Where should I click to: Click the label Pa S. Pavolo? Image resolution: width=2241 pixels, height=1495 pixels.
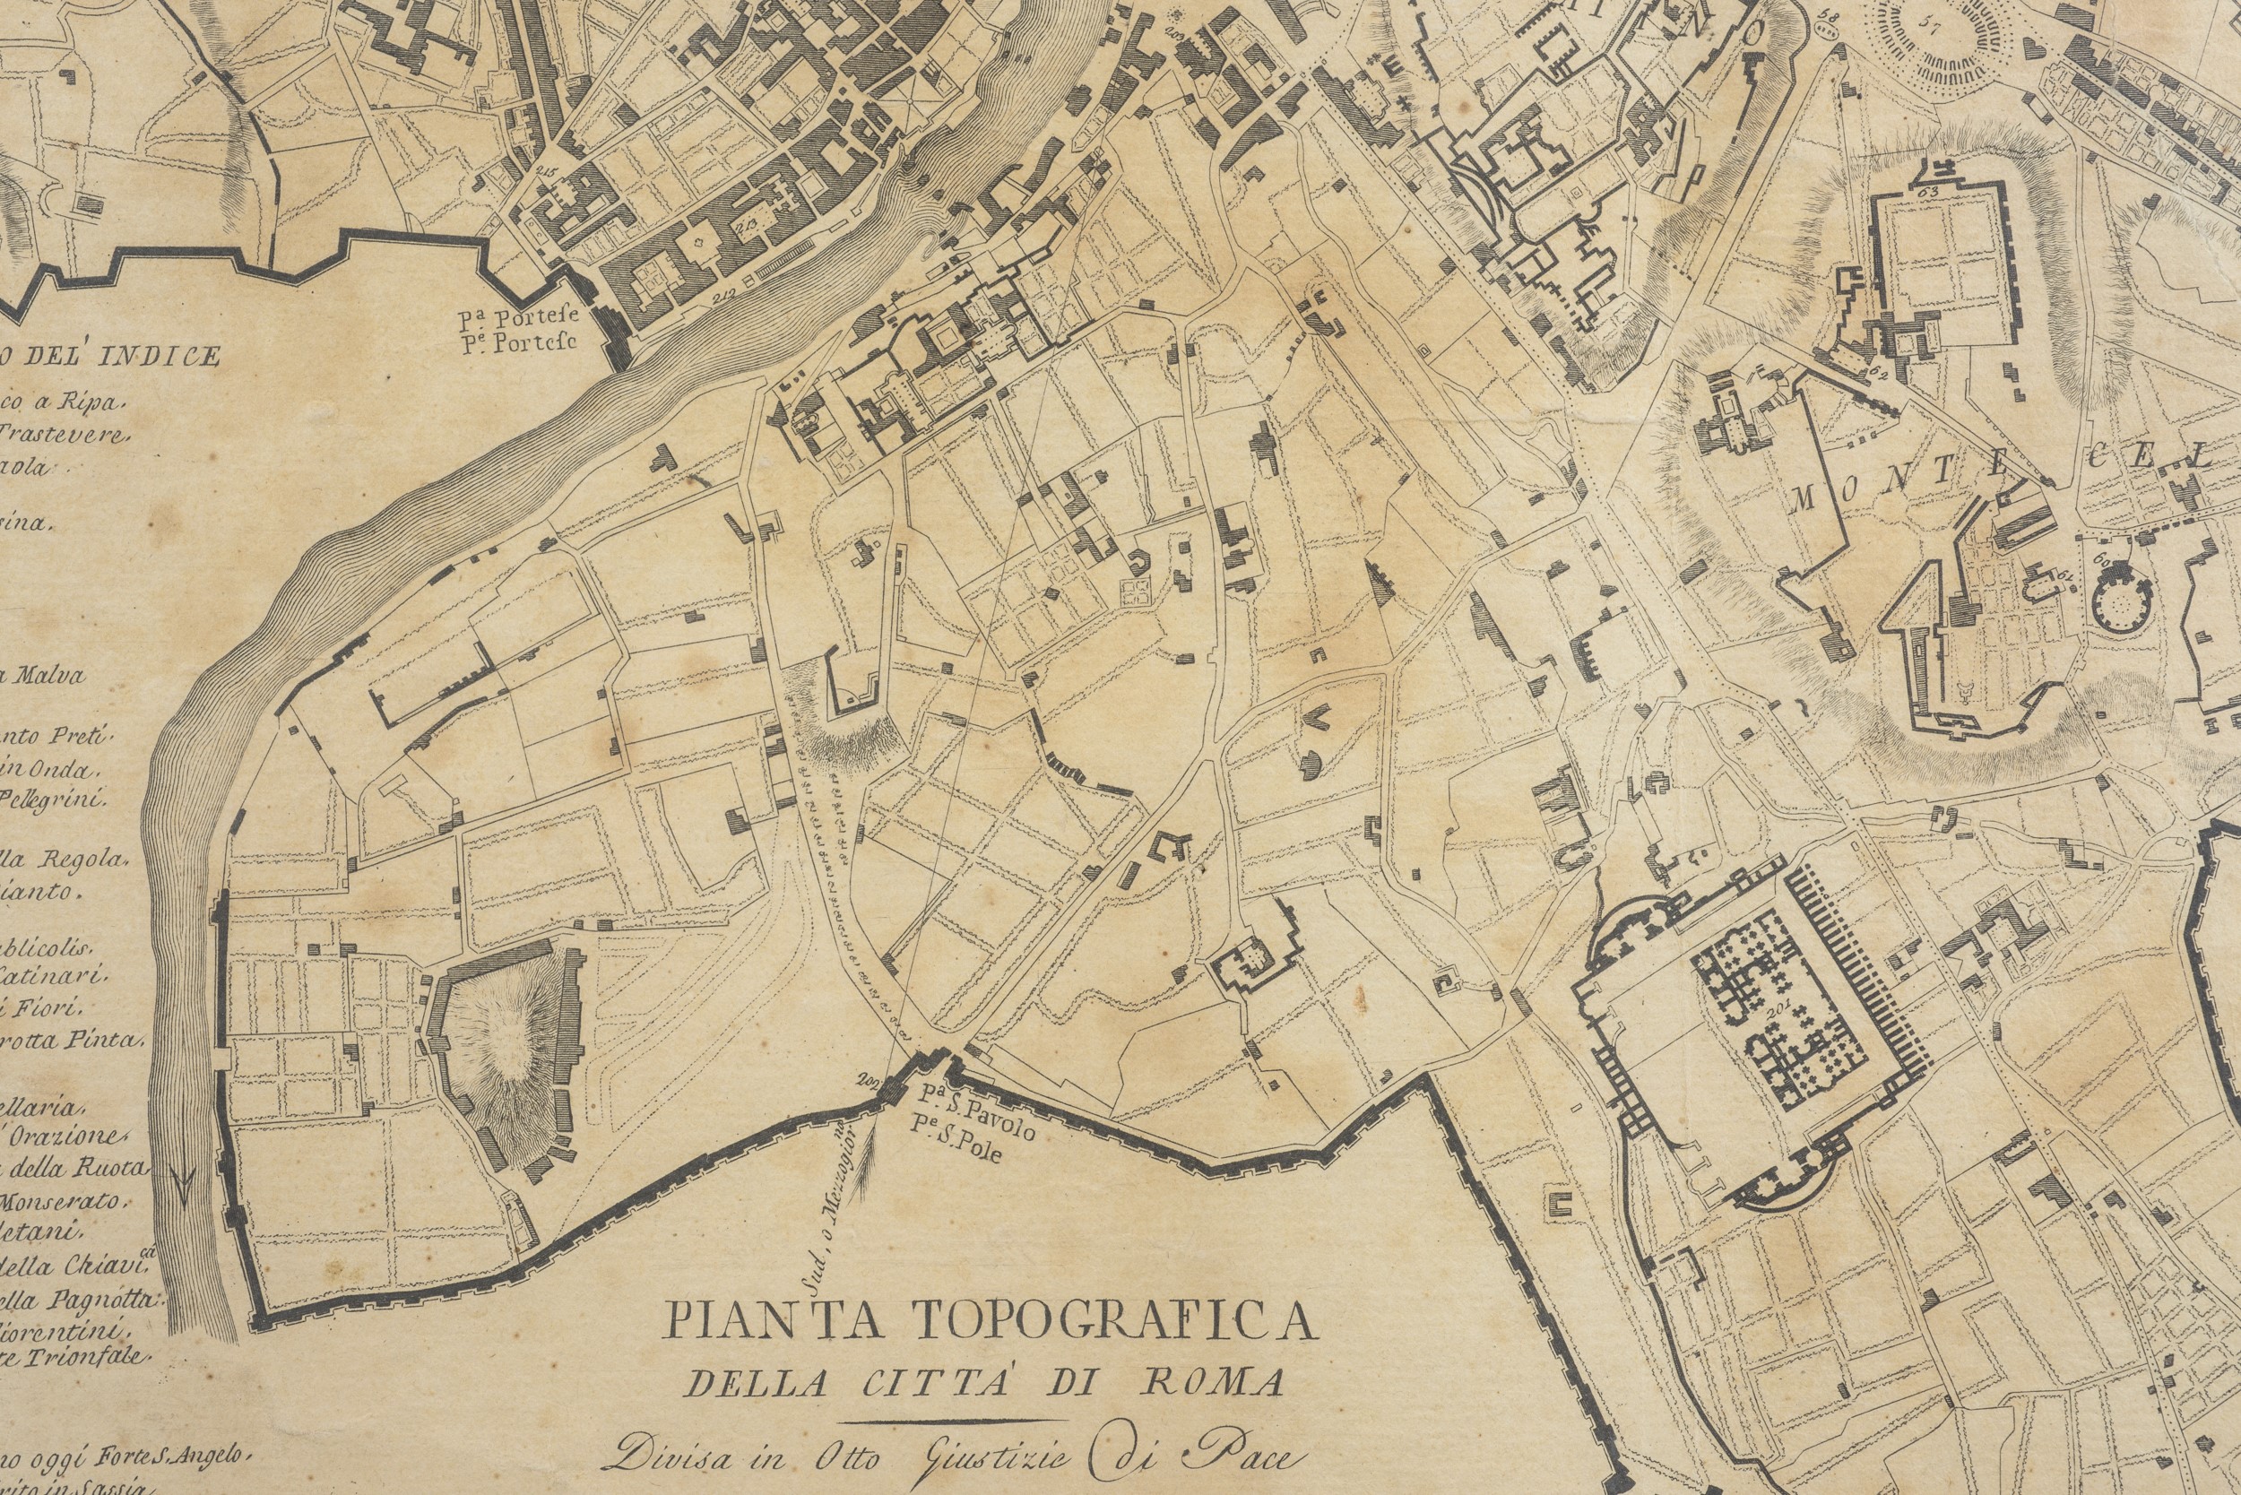click(x=976, y=1097)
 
